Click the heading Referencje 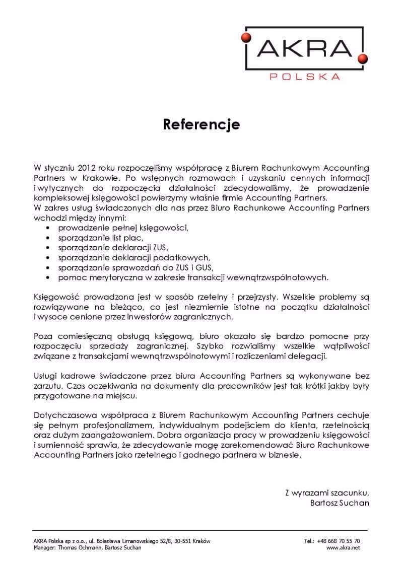[201, 124]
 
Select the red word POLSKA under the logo [304, 77]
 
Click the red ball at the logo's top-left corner [246, 36]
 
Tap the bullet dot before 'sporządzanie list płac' [47, 238]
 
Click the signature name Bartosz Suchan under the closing [341, 503]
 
